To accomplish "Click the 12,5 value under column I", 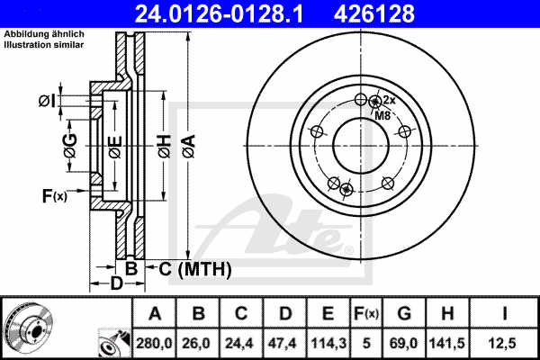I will [505, 342].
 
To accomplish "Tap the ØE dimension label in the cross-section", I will [114, 147].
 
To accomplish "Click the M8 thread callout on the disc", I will [382, 116].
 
